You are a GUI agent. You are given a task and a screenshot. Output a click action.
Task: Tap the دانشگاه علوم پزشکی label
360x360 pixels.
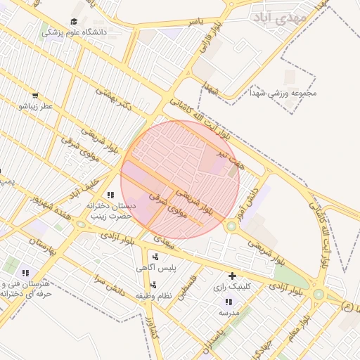point(64,32)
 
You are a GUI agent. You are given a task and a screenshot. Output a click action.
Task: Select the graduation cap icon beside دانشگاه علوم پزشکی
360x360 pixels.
point(75,22)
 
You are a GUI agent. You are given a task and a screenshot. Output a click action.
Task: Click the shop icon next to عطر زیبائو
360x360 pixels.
point(35,95)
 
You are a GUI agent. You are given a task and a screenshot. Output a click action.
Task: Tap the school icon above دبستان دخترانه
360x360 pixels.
point(110,195)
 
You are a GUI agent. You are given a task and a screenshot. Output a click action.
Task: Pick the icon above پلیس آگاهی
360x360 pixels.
point(155,257)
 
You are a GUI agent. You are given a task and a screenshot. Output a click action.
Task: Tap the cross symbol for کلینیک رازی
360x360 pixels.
point(233,276)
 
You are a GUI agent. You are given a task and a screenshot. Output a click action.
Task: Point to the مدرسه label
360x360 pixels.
point(230,312)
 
